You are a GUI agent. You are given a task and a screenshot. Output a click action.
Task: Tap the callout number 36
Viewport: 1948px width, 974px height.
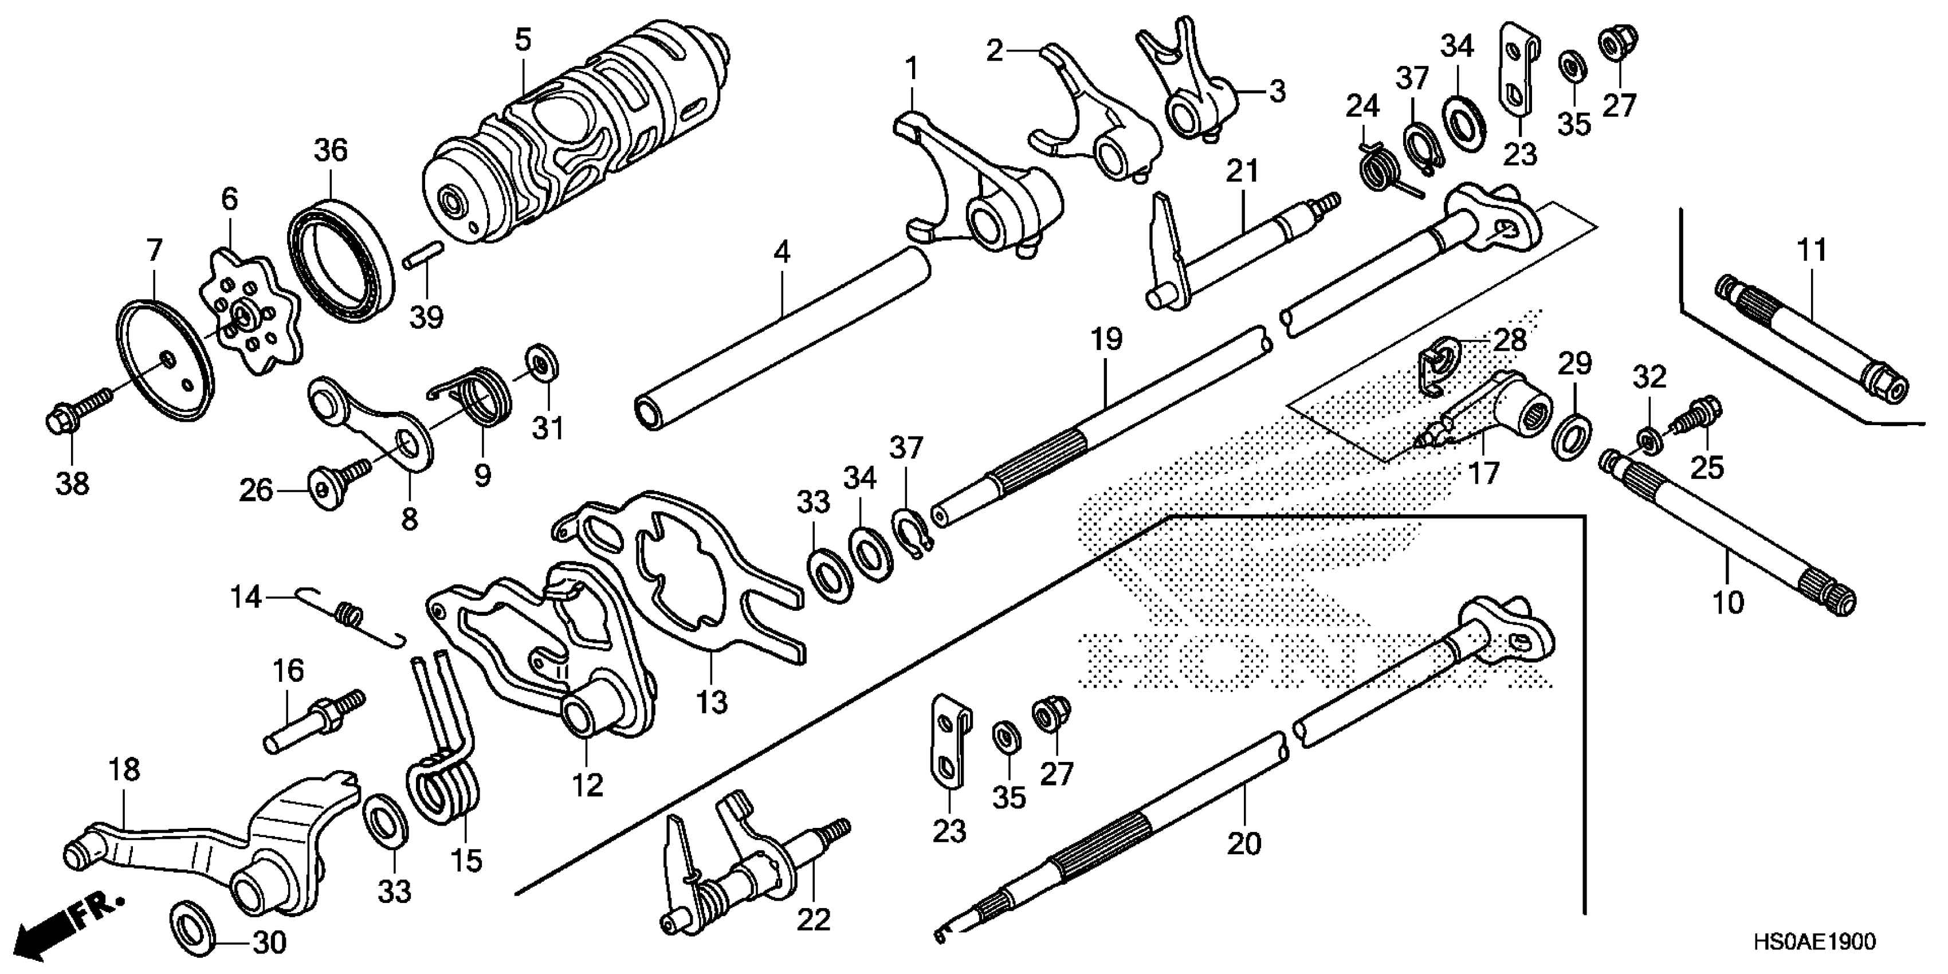click(x=331, y=151)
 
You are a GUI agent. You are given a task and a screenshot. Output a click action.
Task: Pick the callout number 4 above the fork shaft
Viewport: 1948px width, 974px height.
click(x=782, y=253)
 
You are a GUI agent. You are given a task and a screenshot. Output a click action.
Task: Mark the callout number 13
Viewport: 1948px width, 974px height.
click(x=711, y=702)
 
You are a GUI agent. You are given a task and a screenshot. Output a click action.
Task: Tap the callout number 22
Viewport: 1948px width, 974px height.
click(x=813, y=920)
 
